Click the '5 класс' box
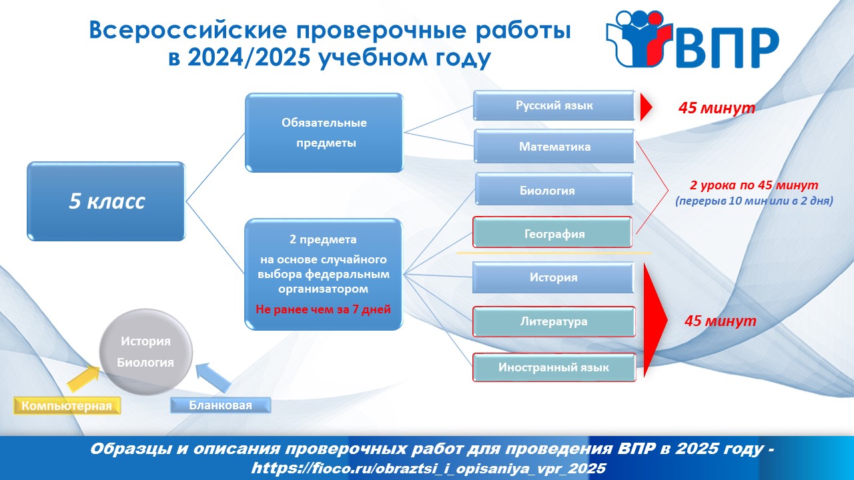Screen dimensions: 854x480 [x=106, y=201]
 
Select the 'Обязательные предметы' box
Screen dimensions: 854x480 [x=324, y=133]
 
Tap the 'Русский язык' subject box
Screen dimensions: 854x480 [x=554, y=105]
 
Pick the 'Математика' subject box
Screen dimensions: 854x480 [x=554, y=146]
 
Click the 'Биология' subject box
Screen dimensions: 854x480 [x=554, y=189]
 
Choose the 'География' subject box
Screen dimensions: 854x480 [x=552, y=233]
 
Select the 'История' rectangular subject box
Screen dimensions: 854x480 [x=553, y=277]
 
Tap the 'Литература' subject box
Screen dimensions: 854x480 [x=554, y=321]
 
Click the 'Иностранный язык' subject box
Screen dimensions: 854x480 [x=554, y=367]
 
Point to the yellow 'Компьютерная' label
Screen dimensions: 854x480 [x=67, y=405]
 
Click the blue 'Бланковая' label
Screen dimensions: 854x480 [x=220, y=405]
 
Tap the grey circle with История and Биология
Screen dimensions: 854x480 [x=145, y=351]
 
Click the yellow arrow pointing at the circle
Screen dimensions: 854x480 [x=83, y=378]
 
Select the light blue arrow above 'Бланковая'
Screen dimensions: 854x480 [x=213, y=377]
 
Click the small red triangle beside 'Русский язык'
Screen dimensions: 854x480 [x=645, y=107]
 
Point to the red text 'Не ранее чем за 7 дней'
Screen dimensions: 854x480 [x=323, y=309]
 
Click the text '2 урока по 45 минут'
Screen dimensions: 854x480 [x=754, y=185]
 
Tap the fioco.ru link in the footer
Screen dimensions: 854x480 [x=428, y=468]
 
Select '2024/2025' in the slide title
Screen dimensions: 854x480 [x=249, y=57]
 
